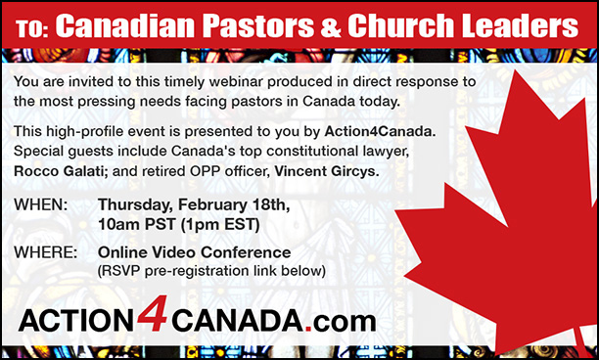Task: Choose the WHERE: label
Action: pyautogui.click(x=48, y=252)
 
